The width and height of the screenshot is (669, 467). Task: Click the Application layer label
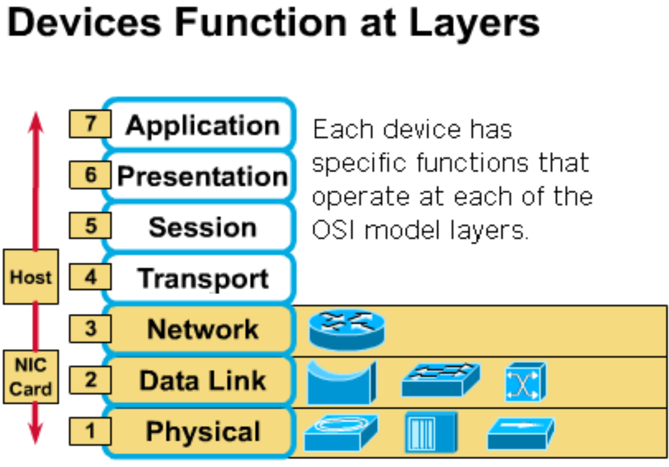tap(203, 126)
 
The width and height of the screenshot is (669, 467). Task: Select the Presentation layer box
tap(199, 176)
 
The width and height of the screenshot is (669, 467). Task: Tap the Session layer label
tap(203, 227)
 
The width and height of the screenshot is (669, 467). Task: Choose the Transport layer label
tap(203, 279)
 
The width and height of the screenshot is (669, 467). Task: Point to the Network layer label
tap(203, 329)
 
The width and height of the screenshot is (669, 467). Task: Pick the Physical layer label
tap(203, 432)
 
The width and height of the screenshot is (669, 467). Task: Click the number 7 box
tap(90, 124)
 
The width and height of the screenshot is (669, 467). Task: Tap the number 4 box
tap(90, 277)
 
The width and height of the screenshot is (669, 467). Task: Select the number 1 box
tap(90, 431)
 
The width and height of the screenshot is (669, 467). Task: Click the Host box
tap(31, 276)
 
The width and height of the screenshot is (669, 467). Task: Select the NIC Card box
tap(31, 377)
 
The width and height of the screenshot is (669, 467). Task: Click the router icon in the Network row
tap(347, 330)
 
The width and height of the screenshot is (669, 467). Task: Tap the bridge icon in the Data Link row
tap(342, 382)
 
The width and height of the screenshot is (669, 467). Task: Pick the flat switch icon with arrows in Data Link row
tap(441, 380)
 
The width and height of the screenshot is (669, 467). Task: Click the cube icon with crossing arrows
tap(526, 381)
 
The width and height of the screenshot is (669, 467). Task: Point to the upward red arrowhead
tap(36, 123)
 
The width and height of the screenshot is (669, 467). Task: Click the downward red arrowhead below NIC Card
tap(36, 433)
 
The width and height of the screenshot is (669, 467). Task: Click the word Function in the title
tap(260, 22)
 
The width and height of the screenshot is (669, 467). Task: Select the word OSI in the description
tap(333, 230)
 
